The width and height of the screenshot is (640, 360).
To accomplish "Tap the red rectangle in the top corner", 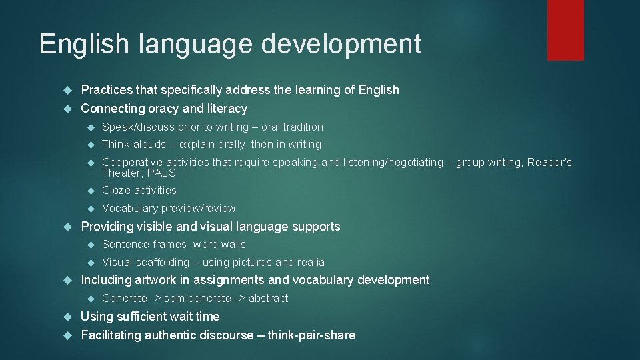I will (565, 30).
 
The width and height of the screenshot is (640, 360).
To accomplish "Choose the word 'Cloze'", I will (115, 191).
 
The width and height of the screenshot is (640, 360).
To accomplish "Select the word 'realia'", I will (311, 263).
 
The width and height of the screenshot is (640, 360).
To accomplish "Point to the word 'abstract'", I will (268, 299).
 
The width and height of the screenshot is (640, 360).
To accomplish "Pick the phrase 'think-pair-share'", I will (311, 335).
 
